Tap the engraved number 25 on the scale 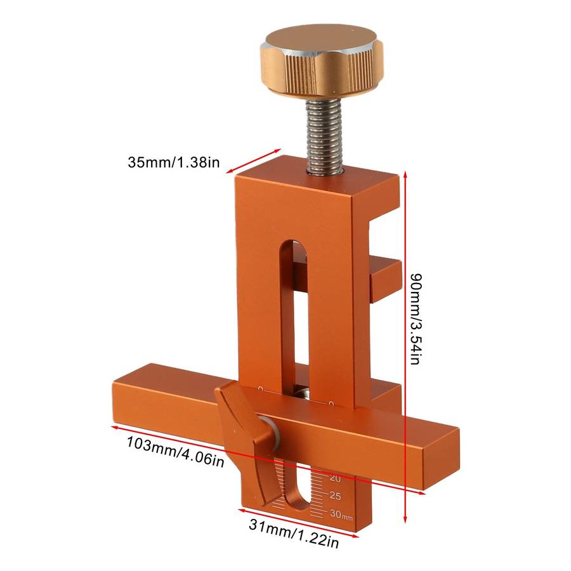pos(335,496)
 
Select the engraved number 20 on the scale pos(335,478)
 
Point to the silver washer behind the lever pos(273,432)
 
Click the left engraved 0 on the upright pos(261,388)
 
